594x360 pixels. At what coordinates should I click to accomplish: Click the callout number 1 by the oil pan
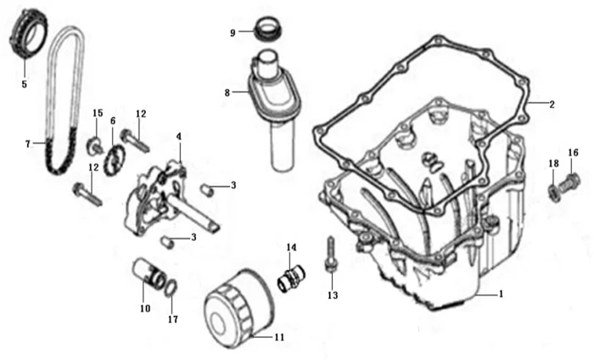501,294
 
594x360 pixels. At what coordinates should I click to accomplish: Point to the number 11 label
279,337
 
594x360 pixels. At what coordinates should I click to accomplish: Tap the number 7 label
28,143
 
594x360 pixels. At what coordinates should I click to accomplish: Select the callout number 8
227,91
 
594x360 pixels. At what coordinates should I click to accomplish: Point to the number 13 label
333,295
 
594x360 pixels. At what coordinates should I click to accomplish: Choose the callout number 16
574,153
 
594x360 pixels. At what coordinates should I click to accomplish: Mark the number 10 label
145,307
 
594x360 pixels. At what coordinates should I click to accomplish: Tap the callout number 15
98,114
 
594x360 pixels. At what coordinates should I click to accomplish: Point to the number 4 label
178,136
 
